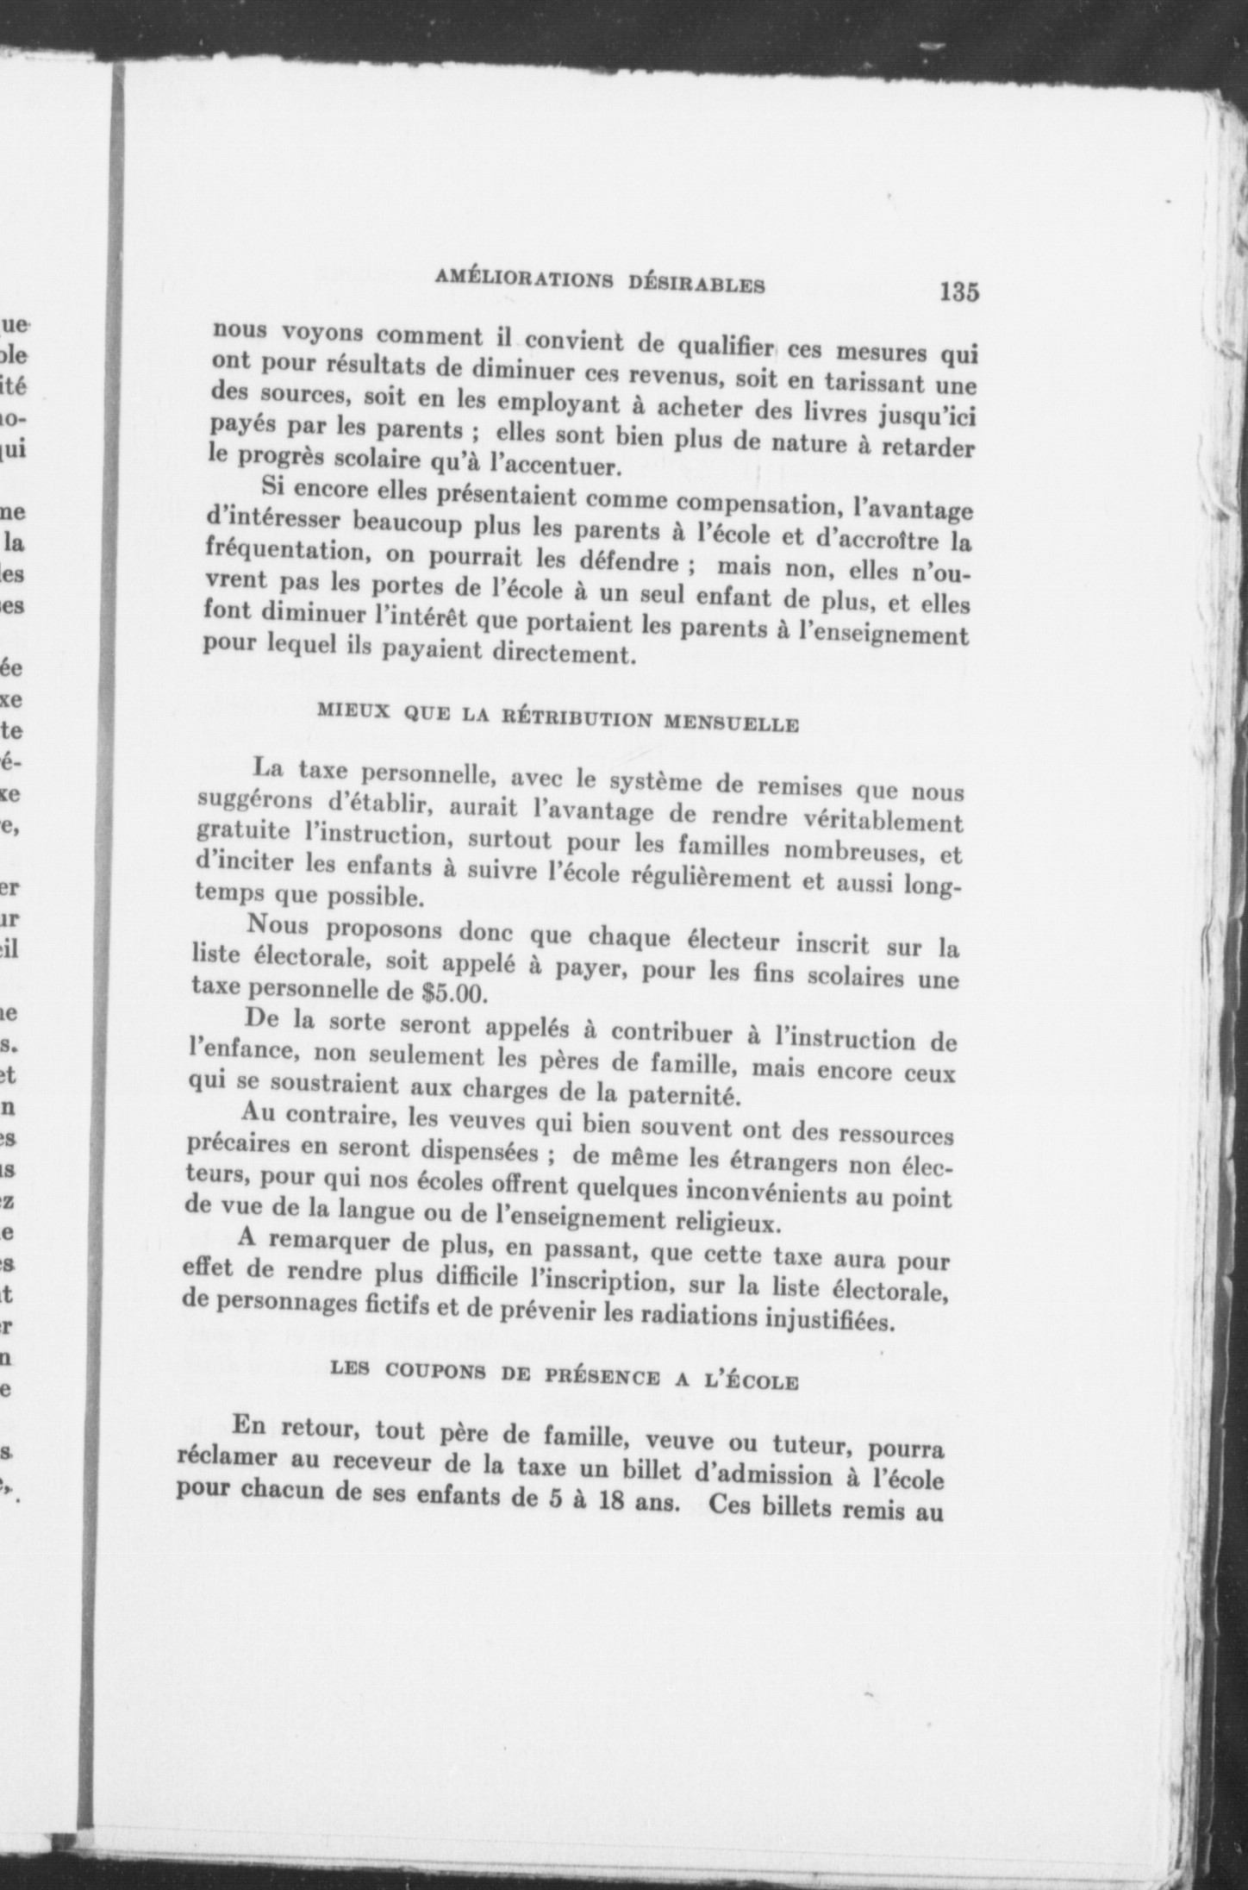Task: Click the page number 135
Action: coord(959,291)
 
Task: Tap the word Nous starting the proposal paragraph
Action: coord(285,928)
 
